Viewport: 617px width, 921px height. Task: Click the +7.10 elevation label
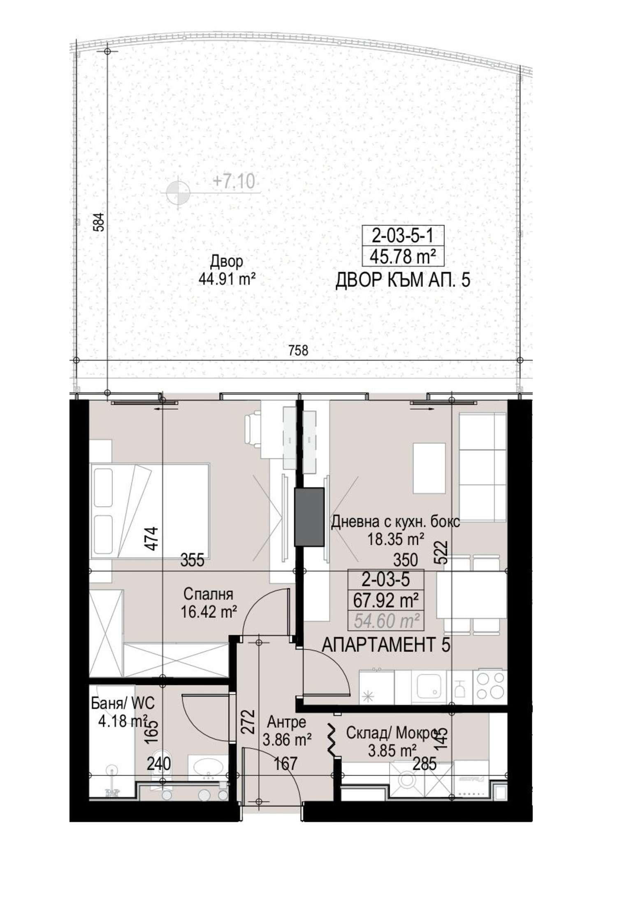click(x=234, y=181)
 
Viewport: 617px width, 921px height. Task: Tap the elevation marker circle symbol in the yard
click(x=178, y=192)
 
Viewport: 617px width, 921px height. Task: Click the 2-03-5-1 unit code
click(x=403, y=237)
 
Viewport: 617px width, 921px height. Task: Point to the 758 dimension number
click(x=298, y=350)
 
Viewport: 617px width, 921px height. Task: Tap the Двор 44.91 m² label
click(x=227, y=270)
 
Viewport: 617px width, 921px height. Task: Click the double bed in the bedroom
click(x=150, y=511)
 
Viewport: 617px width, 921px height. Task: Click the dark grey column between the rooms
click(x=309, y=517)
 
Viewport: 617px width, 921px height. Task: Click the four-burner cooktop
click(x=489, y=687)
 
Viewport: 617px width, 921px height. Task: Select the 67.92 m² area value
click(x=380, y=601)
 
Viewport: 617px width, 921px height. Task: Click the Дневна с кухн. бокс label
click(x=396, y=522)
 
